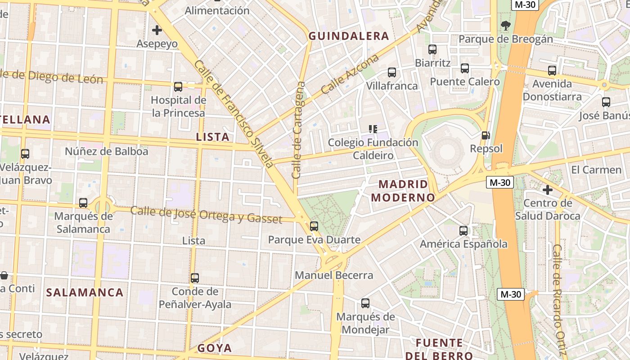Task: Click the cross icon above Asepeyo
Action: tap(157, 30)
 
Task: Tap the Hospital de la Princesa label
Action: tap(178, 107)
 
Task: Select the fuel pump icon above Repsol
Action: tap(486, 135)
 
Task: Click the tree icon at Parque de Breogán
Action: tap(505, 26)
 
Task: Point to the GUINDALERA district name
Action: tap(348, 36)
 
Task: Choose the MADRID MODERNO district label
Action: tap(403, 191)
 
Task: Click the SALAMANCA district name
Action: tap(85, 292)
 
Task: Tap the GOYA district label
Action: tap(215, 348)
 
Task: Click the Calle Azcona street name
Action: tap(350, 75)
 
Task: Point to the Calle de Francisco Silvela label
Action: tap(234, 114)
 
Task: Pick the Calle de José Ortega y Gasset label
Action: tap(206, 215)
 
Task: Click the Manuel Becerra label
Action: tap(334, 275)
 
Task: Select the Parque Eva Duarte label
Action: tap(314, 239)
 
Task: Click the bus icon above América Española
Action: tap(463, 231)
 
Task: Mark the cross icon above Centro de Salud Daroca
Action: tap(547, 190)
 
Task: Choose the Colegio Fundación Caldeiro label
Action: tap(373, 149)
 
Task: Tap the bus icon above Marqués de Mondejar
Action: tap(365, 303)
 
